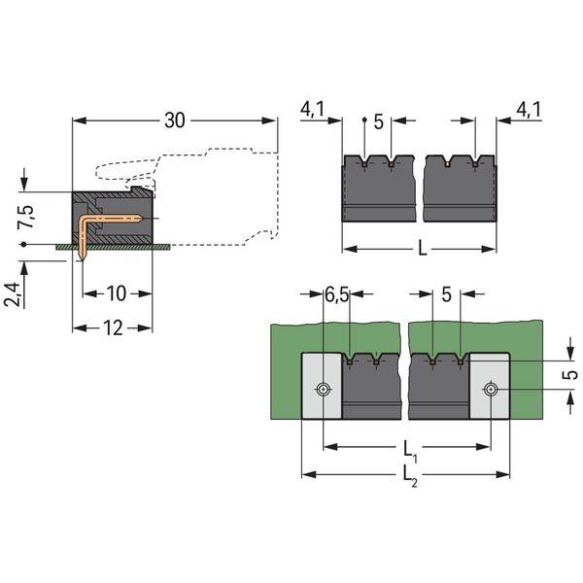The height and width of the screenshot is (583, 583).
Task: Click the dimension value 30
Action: click(175, 121)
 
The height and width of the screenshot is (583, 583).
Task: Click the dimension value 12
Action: click(112, 327)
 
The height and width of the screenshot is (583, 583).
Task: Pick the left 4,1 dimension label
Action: click(312, 111)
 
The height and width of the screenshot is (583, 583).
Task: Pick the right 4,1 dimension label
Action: click(529, 111)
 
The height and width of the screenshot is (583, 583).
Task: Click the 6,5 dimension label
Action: click(336, 294)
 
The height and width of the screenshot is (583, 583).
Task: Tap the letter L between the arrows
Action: click(421, 250)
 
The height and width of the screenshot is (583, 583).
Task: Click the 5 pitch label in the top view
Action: click(378, 122)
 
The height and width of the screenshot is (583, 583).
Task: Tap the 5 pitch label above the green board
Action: click(446, 294)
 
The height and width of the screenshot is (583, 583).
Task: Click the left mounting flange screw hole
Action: click(322, 391)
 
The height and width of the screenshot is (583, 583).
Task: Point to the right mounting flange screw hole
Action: click(491, 391)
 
